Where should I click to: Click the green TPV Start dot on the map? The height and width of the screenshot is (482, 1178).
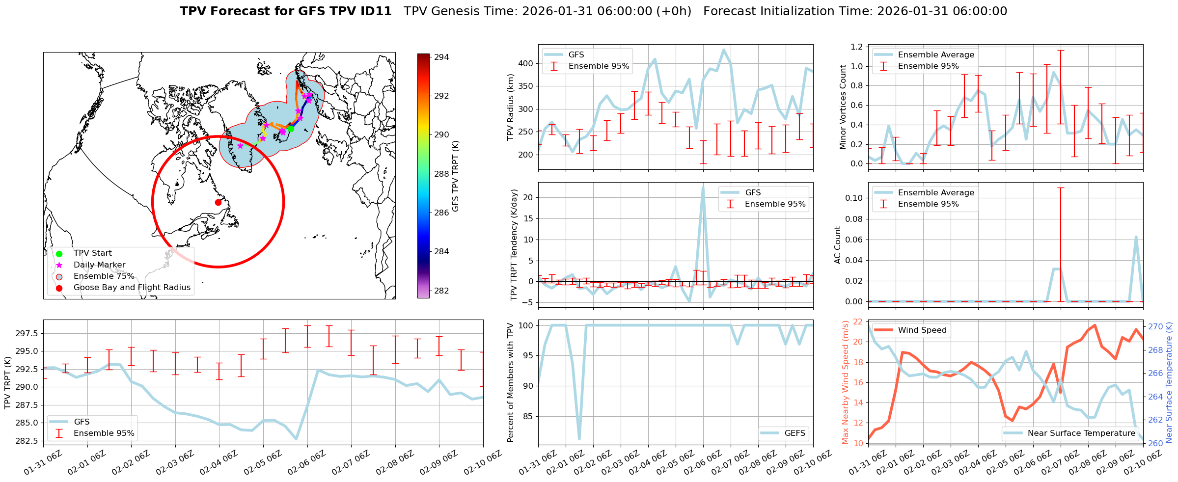pyautogui.click(x=290, y=129)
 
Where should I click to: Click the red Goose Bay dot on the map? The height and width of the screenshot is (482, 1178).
pyautogui.click(x=218, y=202)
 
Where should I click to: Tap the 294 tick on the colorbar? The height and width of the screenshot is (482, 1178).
pyautogui.click(x=441, y=57)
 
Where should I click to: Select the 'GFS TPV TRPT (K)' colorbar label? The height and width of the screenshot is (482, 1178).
pyautogui.click(x=456, y=176)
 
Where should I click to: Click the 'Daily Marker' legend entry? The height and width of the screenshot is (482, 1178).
pyautogui.click(x=99, y=265)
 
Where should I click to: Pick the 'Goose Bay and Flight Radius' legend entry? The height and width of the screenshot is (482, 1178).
pyautogui.click(x=132, y=288)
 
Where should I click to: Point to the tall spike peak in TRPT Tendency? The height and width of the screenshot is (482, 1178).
pyautogui.click(x=703, y=187)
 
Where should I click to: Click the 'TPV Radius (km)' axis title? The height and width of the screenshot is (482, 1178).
pyautogui.click(x=511, y=107)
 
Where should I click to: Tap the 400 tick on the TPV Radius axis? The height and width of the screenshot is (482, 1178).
pyautogui.click(x=526, y=63)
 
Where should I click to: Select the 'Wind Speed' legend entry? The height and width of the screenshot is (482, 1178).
pyautogui.click(x=922, y=330)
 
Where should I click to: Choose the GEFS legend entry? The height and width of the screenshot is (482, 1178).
pyautogui.click(x=794, y=433)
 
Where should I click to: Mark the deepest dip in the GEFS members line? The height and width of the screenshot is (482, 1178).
pyautogui.click(x=579, y=439)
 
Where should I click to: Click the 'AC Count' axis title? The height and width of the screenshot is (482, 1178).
pyautogui.click(x=838, y=245)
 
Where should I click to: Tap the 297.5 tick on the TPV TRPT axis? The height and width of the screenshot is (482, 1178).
pyautogui.click(x=27, y=334)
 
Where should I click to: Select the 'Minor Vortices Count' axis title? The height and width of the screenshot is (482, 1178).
pyautogui.click(x=843, y=107)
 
